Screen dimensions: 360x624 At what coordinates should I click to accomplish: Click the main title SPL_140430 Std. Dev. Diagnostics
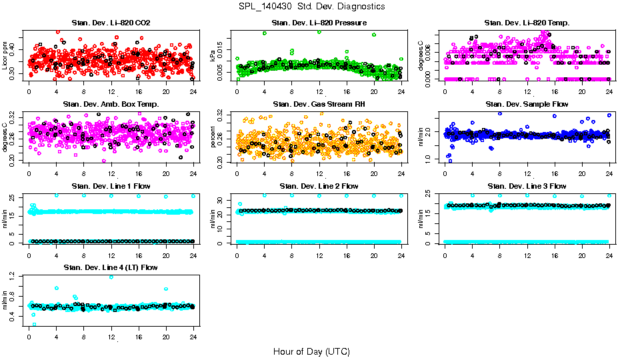pos(311,7)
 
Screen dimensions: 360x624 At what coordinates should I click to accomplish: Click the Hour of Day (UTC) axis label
pos(311,351)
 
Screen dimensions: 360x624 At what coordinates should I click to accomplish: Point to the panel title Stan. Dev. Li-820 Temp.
pos(527,23)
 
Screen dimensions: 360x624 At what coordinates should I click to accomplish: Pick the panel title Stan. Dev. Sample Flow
pos(527,105)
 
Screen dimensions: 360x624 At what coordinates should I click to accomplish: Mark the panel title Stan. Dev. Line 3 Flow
pos(527,186)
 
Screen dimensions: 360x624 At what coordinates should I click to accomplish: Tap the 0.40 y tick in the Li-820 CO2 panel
pos(16,49)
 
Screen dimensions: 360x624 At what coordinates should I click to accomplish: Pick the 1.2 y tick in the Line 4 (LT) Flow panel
pos(16,277)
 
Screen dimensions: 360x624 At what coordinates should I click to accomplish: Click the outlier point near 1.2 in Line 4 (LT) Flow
pos(111,277)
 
